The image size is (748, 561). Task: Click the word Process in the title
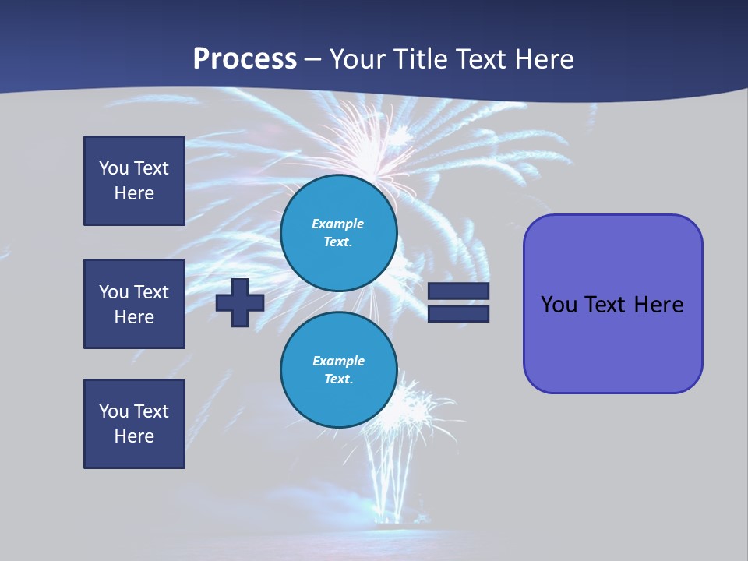245,59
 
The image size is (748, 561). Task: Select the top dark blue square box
134,181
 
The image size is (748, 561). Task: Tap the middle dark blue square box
134,304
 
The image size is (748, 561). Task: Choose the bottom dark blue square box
134,424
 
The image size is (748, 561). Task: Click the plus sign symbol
240,302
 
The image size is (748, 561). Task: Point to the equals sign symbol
458,302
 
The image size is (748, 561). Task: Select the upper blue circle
339,233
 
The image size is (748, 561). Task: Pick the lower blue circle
339,370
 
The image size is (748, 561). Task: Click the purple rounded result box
612,304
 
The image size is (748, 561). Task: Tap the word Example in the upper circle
337,224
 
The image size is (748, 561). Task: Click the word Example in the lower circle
338,361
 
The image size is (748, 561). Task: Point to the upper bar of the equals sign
458,291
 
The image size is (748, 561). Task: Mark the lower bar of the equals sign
458,313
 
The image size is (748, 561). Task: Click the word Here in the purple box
658,305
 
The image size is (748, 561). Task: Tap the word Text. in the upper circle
338,242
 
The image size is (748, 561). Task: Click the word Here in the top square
134,193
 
